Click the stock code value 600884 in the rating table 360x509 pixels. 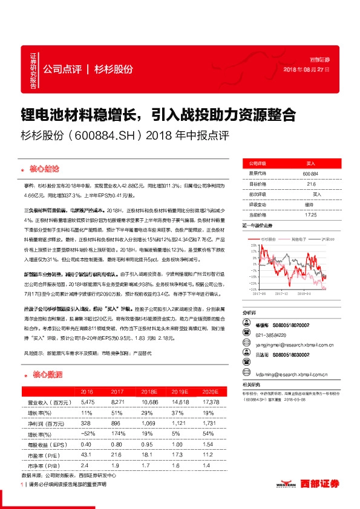point(310,174)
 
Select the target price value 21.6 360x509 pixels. point(310,184)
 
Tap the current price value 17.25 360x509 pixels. point(310,214)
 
